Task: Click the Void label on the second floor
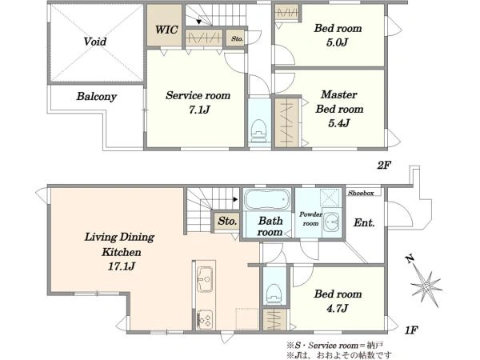pos(95,42)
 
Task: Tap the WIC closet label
pos(166,30)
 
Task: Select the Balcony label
pos(97,97)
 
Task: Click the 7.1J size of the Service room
pos(199,110)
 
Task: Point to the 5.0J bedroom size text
pos(337,42)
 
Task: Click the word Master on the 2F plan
pos(339,94)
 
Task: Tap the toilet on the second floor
pos(259,130)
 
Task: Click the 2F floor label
pos(384,166)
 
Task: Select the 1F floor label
pos(411,330)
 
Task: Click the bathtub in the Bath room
pos(267,199)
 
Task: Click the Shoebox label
pos(361,193)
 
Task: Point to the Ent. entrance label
pos(364,222)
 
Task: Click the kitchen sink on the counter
pos(205,279)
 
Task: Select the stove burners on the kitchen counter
pos(205,319)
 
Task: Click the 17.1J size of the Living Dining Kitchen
pos(121,266)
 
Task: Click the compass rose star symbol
pos(426,287)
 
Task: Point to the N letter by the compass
pos(410,259)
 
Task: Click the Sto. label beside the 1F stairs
pos(227,221)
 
